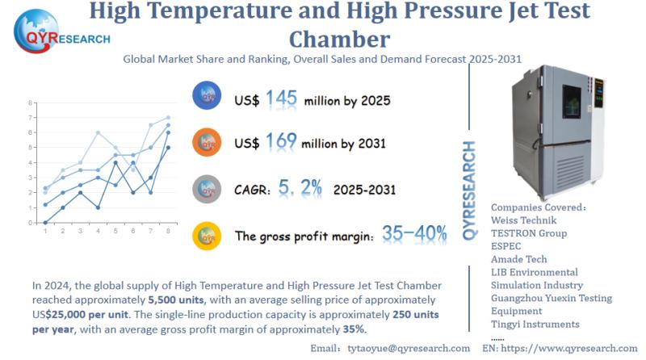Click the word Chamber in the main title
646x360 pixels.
(x=340, y=38)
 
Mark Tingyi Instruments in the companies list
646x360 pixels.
(x=535, y=324)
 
